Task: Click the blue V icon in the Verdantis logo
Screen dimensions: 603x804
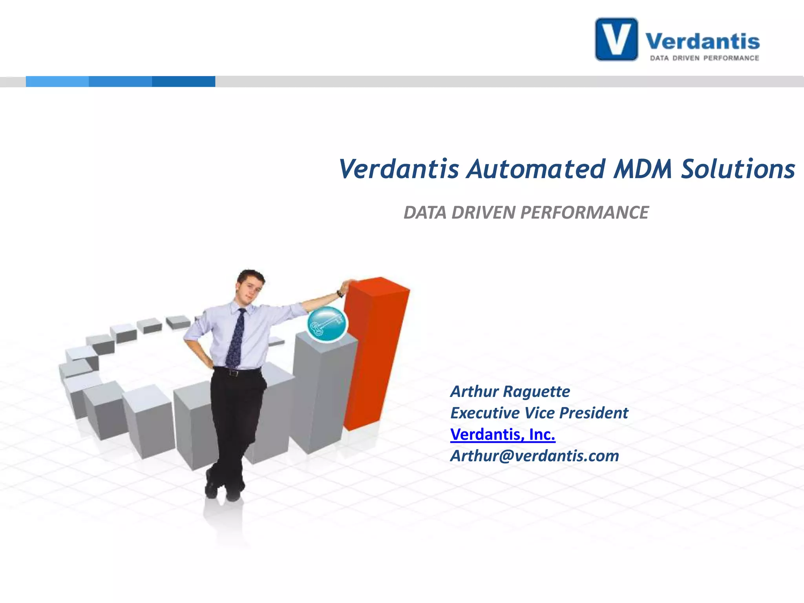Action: [x=616, y=39]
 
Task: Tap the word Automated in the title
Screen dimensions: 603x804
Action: [x=536, y=169]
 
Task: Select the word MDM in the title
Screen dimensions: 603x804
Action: [x=643, y=169]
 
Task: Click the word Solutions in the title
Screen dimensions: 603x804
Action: [x=738, y=169]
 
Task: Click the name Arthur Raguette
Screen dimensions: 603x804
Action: [x=510, y=391]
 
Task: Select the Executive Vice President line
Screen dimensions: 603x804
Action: [x=539, y=413]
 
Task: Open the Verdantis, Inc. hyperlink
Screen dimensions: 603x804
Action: [x=502, y=435]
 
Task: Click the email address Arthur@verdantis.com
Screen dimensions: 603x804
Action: [x=534, y=456]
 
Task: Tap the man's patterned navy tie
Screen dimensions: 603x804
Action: [x=236, y=339]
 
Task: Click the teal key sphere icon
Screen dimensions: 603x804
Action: [x=327, y=324]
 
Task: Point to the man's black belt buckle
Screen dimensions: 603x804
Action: [x=234, y=373]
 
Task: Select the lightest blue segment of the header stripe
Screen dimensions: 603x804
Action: [x=57, y=81]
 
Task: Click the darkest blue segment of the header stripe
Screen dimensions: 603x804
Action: [x=183, y=81]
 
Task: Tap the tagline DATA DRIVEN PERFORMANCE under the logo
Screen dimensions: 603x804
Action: [x=704, y=58]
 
